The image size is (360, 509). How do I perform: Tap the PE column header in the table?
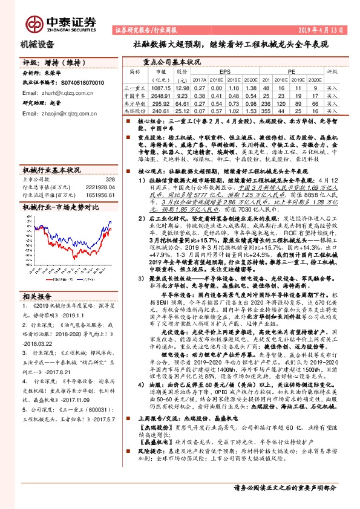[291, 71]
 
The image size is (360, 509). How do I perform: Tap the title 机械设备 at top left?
[38, 44]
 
